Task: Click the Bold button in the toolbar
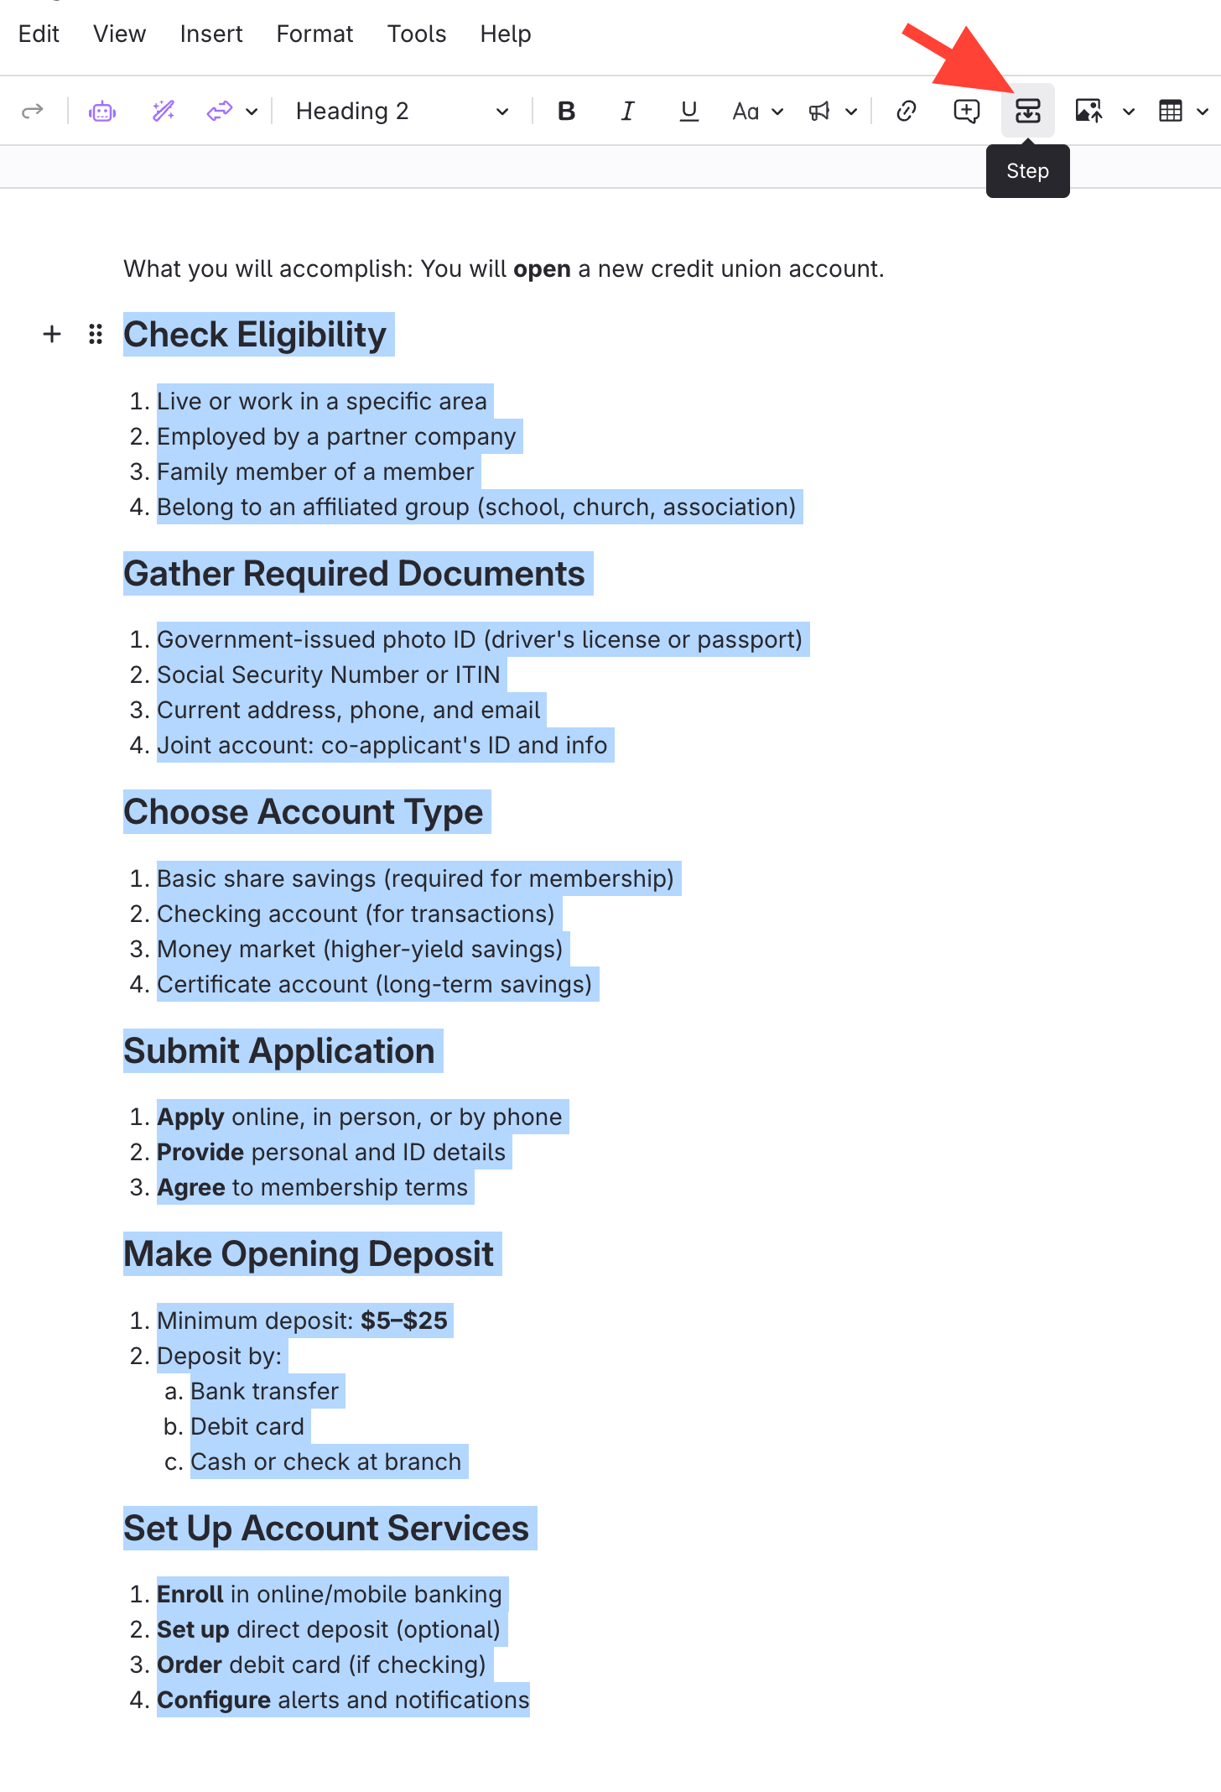tap(567, 111)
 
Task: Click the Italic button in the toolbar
tap(627, 111)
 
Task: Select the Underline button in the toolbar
tap(688, 111)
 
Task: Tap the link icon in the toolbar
tap(906, 111)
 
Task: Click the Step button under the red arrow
tap(1027, 111)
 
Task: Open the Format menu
tap(314, 34)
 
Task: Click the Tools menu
tap(416, 34)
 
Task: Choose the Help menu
tap(505, 34)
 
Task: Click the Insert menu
tap(210, 34)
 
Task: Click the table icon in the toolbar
tap(1170, 111)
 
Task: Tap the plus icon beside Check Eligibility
tap(52, 334)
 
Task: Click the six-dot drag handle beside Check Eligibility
tap(96, 334)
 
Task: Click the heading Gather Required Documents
tap(354, 574)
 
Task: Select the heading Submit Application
tap(279, 1051)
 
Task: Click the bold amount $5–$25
tap(404, 1321)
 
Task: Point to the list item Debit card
tap(247, 1426)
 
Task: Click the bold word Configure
tap(214, 1700)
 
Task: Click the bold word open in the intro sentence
tap(542, 268)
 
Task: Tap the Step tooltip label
tap(1027, 171)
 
